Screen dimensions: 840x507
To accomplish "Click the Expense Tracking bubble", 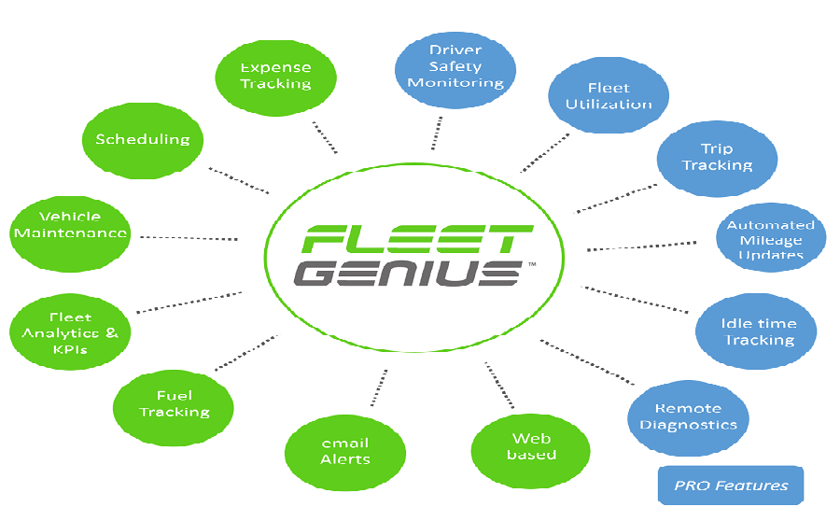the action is [276, 78].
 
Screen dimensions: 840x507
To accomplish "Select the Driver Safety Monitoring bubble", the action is [455, 70].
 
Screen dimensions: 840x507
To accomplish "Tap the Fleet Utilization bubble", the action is [609, 95].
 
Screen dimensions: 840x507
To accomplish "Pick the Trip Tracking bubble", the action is [718, 159].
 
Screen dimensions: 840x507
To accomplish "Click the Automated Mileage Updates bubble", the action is [771, 237].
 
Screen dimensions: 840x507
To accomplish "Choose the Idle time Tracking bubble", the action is [756, 331].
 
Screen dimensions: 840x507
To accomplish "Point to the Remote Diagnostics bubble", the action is [689, 418].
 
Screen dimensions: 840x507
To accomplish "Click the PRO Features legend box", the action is [731, 485].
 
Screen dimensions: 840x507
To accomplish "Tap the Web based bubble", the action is [531, 451].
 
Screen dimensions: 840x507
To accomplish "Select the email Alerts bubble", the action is [345, 453].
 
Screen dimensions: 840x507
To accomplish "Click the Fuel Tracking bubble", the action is [174, 408].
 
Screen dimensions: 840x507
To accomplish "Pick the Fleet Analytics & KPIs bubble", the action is [70, 331].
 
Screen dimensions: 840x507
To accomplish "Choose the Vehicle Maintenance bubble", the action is [70, 234].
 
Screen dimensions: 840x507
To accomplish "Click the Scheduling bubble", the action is [143, 141].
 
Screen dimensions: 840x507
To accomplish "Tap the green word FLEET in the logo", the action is [418, 239].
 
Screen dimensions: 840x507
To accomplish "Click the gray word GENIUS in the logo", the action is [408, 274].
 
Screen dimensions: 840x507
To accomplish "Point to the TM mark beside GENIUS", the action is [532, 264].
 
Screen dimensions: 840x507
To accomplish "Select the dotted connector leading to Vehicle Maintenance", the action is [189, 238].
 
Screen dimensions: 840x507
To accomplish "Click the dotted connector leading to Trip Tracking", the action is [616, 199].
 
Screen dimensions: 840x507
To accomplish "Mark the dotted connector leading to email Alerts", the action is [379, 387].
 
